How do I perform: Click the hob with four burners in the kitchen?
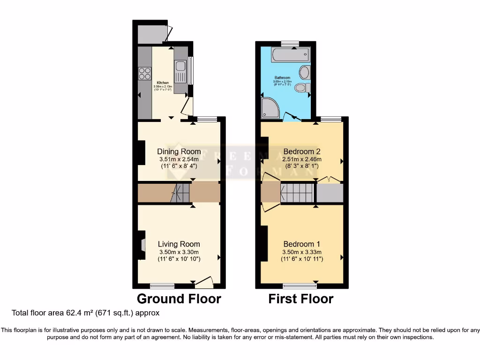pos(144,74)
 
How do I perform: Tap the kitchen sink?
pos(180,73)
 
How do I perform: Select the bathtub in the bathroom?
pos(291,54)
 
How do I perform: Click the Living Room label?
pos(179,244)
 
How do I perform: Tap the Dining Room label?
pos(179,151)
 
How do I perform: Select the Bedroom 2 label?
pos(301,151)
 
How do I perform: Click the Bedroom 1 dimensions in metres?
pos(301,252)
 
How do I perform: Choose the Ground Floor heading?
pos(179,299)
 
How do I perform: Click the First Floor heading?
pos(300,299)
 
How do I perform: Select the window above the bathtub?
pos(290,44)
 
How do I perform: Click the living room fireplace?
pos(141,244)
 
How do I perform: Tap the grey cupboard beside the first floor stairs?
pos(330,193)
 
